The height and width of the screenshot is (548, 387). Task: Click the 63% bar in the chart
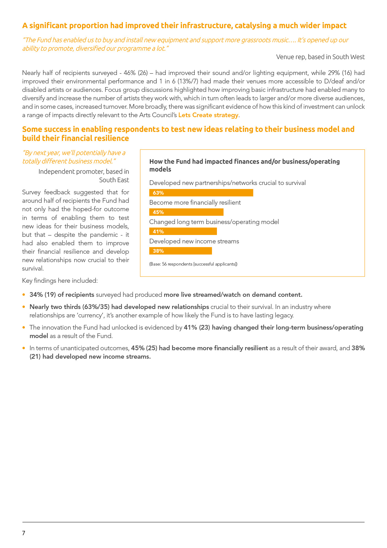pyautogui.click(x=201, y=193)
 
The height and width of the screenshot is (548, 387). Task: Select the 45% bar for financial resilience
pyautogui.click(x=186, y=212)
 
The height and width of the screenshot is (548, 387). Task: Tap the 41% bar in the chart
pyautogui.click(x=183, y=232)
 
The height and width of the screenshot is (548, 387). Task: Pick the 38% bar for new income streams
pyautogui.click(x=180, y=251)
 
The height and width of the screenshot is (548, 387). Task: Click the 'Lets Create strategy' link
pyautogui.click(x=208, y=115)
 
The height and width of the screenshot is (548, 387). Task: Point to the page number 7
pyautogui.click(x=24, y=533)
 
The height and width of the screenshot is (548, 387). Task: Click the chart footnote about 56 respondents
pyautogui.click(x=193, y=264)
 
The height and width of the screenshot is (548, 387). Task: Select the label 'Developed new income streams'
pyautogui.click(x=194, y=241)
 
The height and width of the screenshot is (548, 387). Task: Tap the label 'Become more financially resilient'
pyautogui.click(x=195, y=202)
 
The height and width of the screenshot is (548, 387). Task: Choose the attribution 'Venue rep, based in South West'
pyautogui.click(x=320, y=57)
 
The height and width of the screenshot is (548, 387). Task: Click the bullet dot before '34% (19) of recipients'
pyautogui.click(x=24, y=295)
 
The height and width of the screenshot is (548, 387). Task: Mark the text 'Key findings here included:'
pyautogui.click(x=60, y=281)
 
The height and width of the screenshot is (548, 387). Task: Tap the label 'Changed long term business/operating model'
pyautogui.click(x=214, y=222)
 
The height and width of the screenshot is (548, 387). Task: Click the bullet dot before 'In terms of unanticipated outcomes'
pyautogui.click(x=24, y=348)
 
